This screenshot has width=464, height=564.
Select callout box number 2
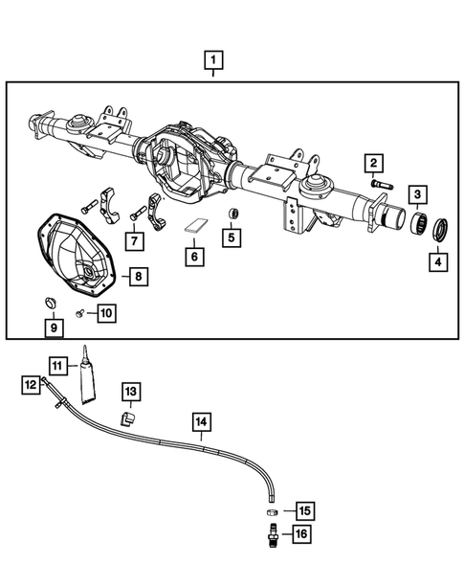373,164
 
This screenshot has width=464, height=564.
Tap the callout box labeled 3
419,195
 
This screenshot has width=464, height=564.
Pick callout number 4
438,259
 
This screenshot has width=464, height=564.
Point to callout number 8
138,277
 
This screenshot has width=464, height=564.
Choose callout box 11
58,366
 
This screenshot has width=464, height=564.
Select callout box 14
201,420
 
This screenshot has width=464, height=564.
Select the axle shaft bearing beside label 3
417,228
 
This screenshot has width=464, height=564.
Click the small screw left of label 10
80,313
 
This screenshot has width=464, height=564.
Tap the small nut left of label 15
272,511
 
